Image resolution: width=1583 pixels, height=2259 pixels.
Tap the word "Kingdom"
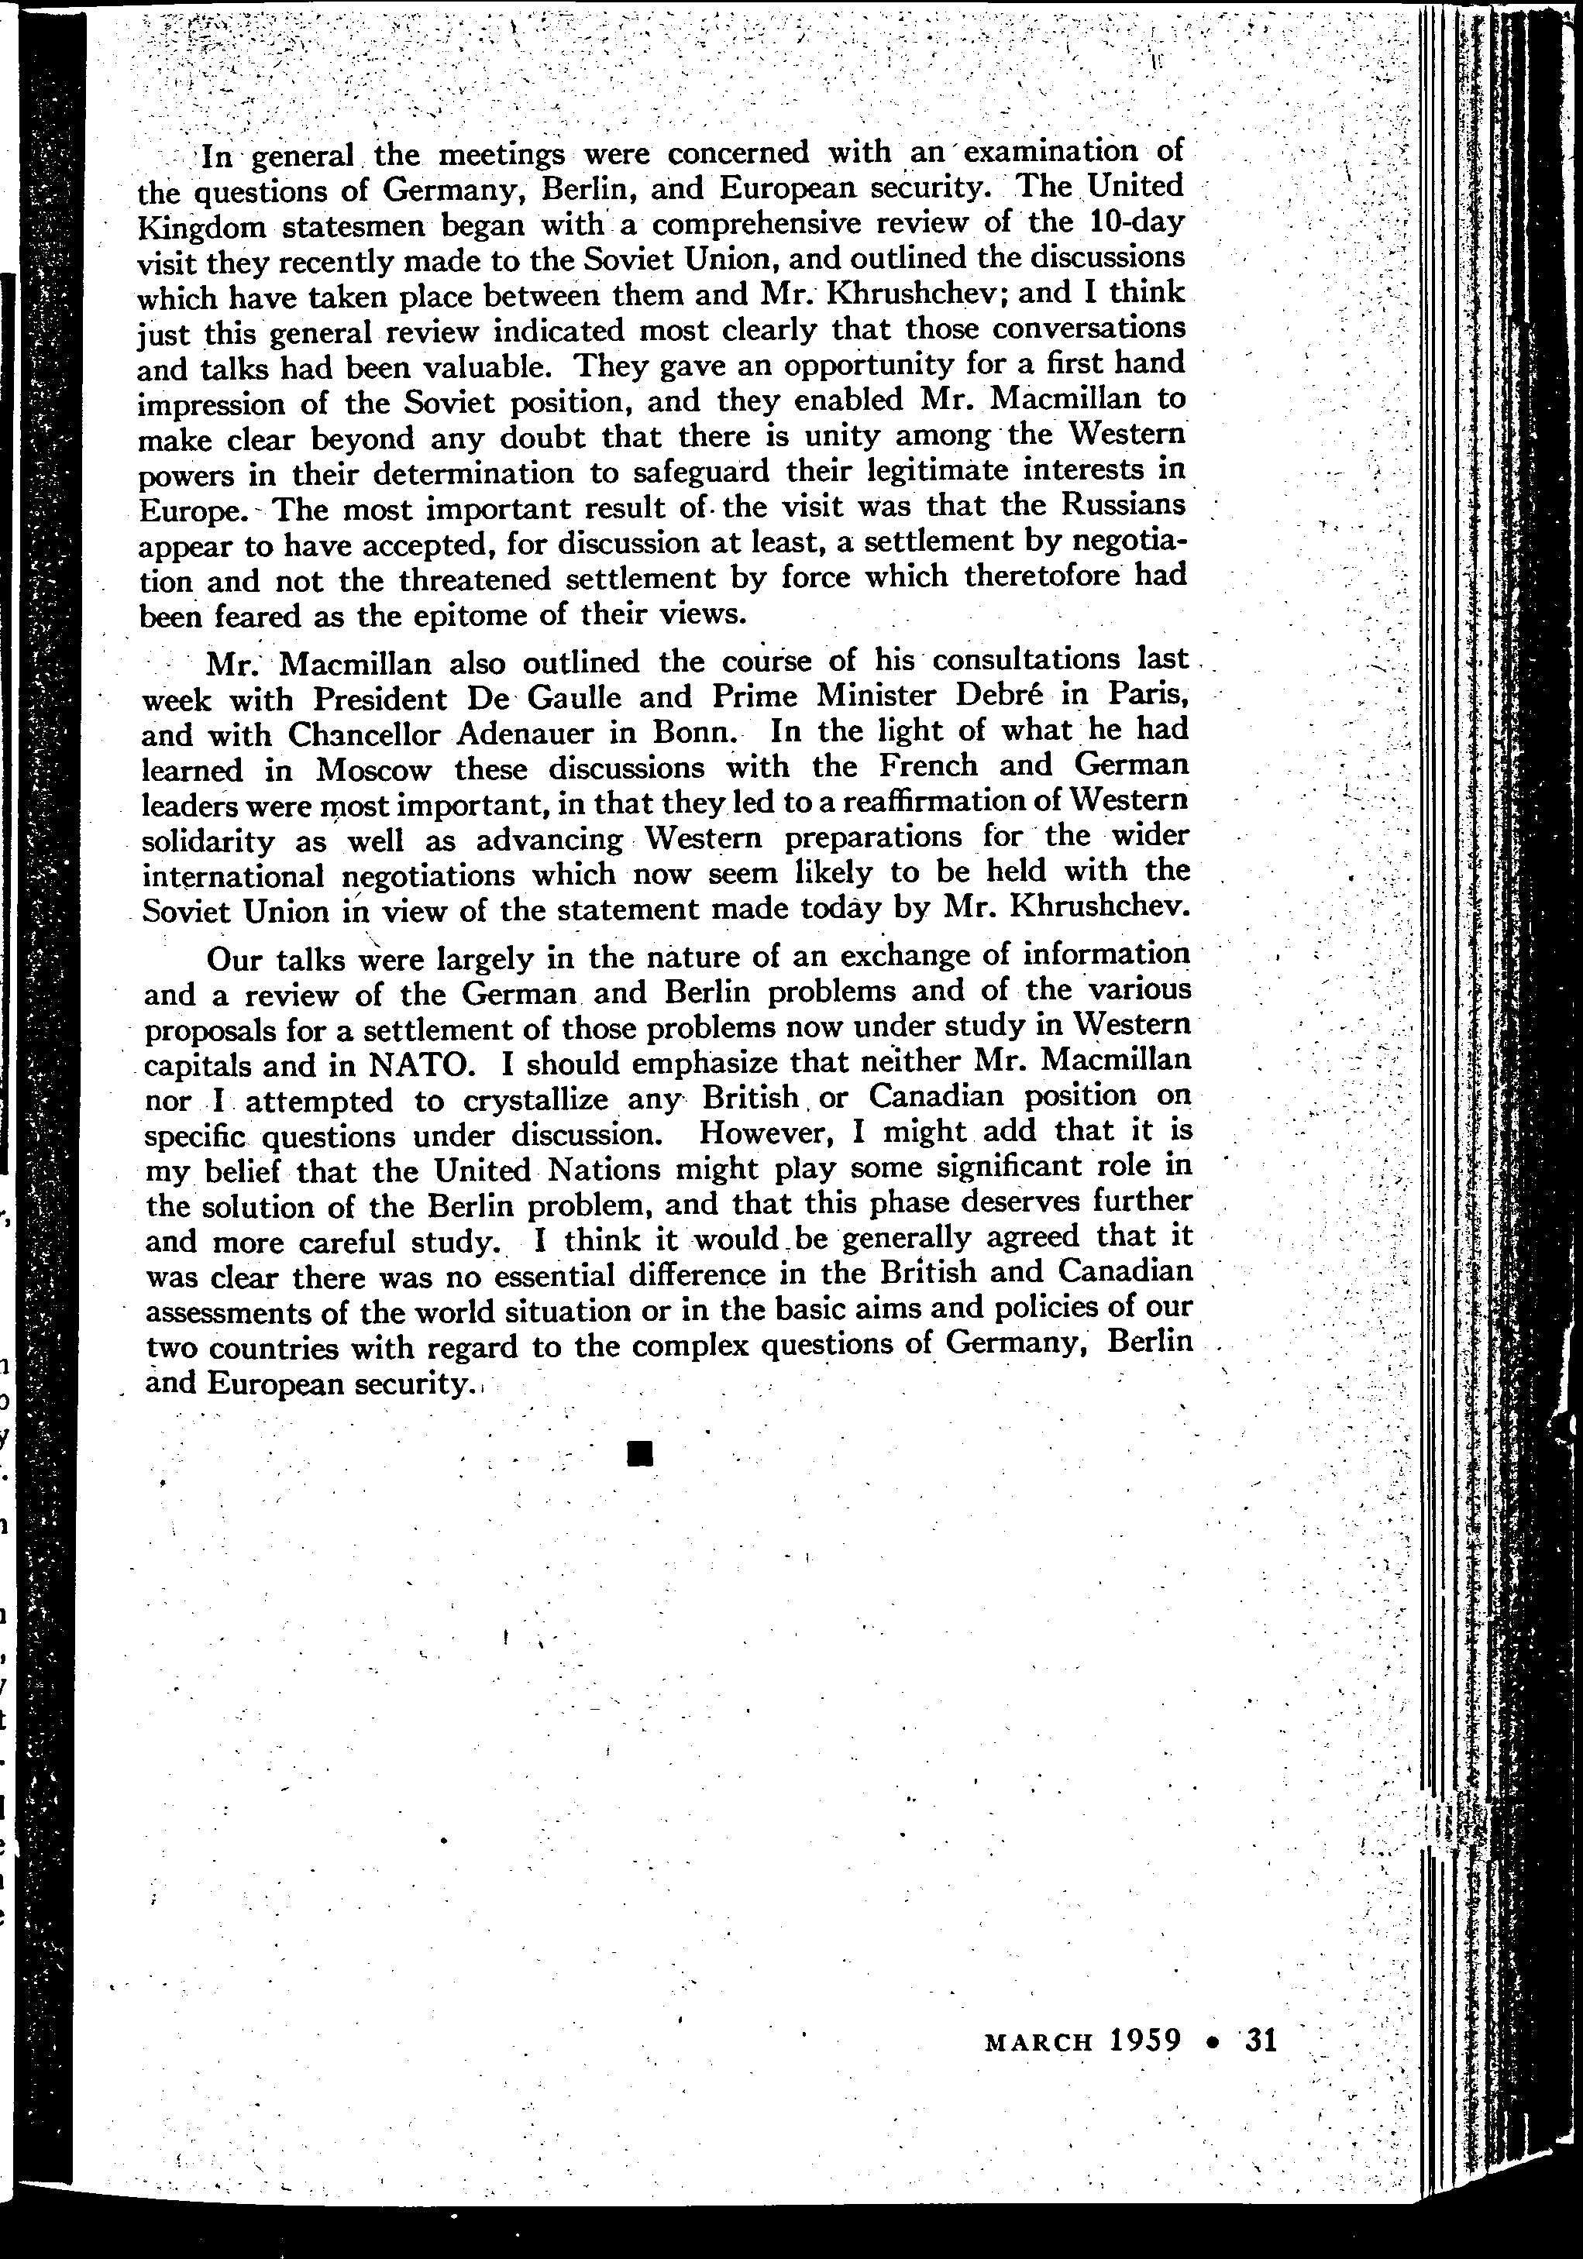201,227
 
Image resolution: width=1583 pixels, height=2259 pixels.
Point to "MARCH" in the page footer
1038,2041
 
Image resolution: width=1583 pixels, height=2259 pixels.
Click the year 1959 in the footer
1144,2040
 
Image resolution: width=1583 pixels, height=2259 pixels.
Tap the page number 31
1261,2040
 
